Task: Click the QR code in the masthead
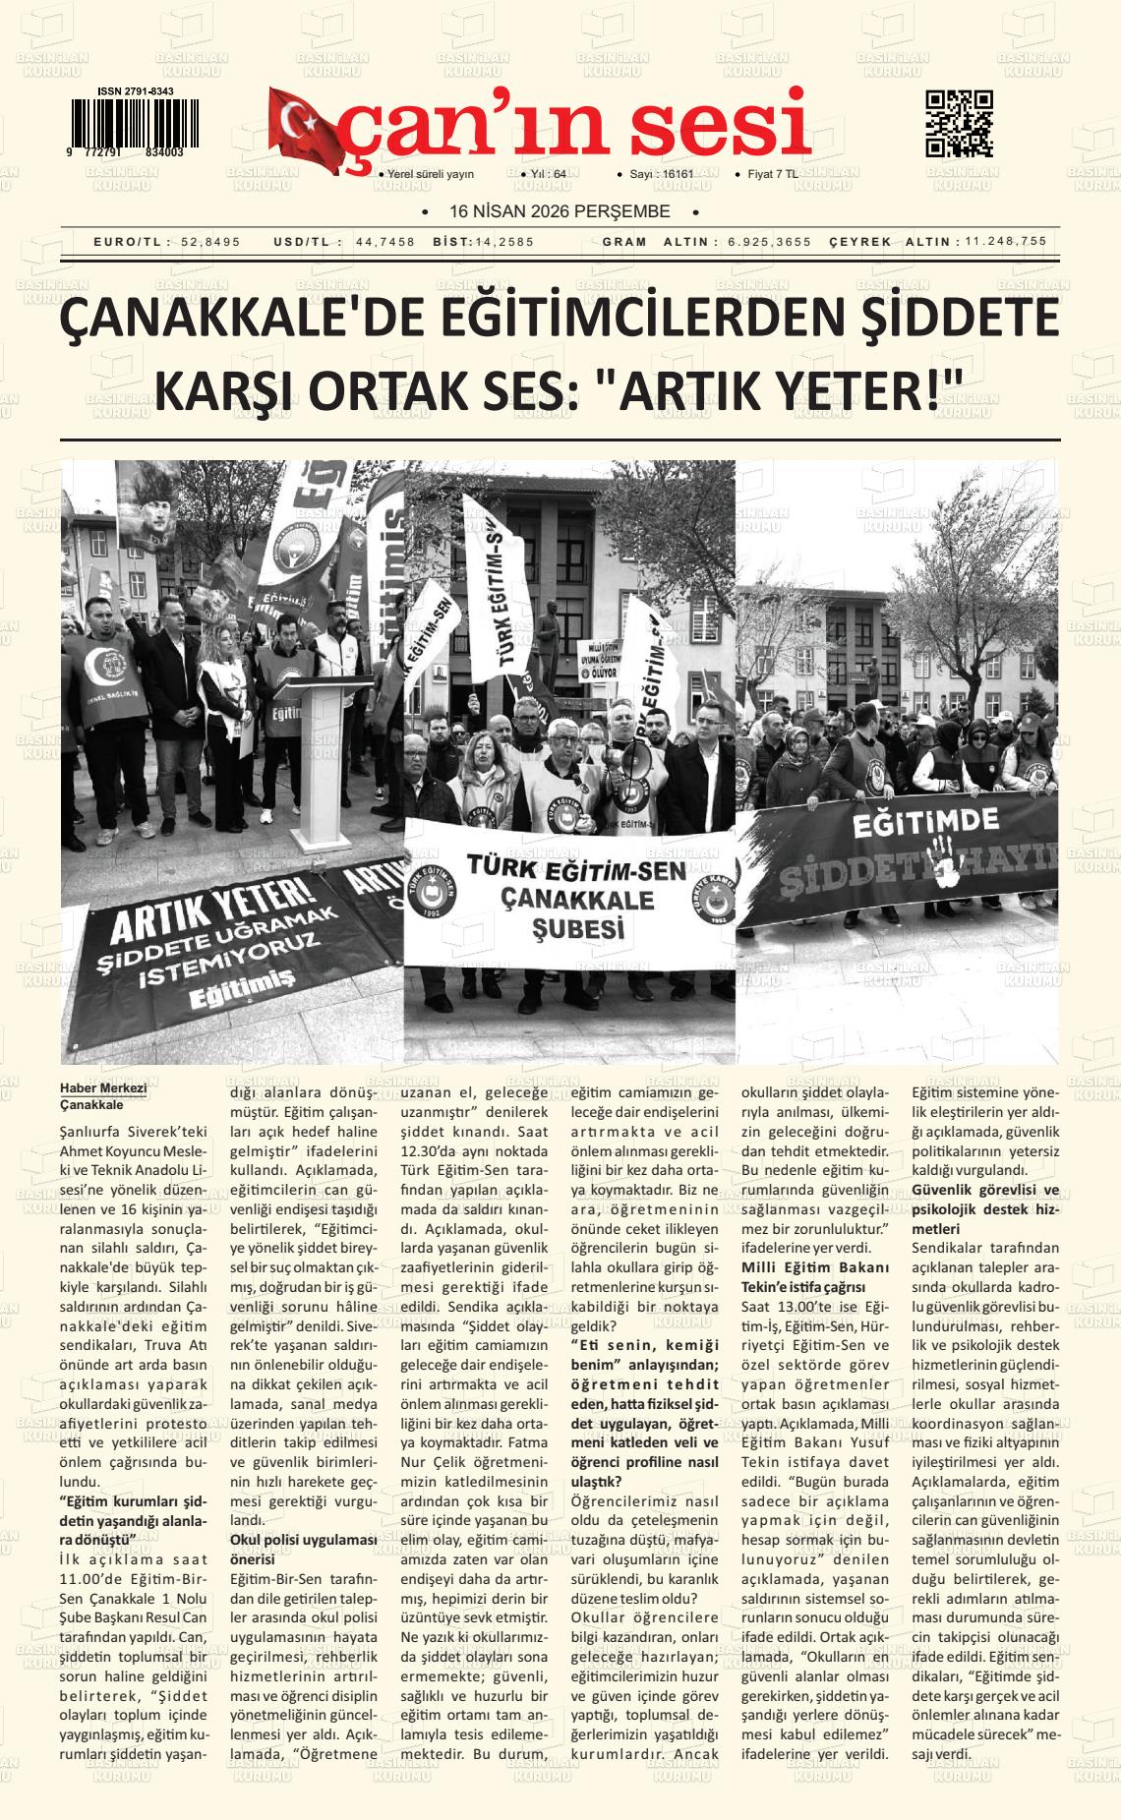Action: coord(959,123)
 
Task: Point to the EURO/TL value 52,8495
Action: coord(210,242)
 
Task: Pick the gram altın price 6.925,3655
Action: coord(770,242)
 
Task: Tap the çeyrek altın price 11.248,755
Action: coord(1006,242)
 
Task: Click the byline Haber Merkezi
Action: coord(103,1087)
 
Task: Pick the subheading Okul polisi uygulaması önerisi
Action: coord(303,1549)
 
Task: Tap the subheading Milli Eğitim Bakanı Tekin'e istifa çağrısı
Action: coord(815,1275)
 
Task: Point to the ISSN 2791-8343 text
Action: coord(136,91)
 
